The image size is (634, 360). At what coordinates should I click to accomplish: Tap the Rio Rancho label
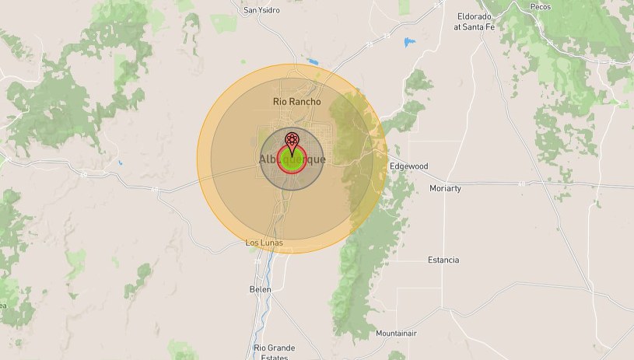point(296,101)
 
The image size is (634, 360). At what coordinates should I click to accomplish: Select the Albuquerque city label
point(292,159)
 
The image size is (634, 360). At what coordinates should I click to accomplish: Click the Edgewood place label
point(409,166)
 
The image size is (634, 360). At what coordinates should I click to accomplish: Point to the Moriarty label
point(445,188)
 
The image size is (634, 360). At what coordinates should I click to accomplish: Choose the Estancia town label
point(443,260)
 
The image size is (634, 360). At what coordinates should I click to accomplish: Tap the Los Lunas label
point(264,243)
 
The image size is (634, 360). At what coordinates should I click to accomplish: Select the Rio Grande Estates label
point(274,352)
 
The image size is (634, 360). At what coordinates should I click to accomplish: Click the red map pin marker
point(292,143)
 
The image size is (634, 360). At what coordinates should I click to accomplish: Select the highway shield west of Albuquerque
point(159,188)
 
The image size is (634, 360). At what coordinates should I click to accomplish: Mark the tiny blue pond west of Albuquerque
point(120,163)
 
